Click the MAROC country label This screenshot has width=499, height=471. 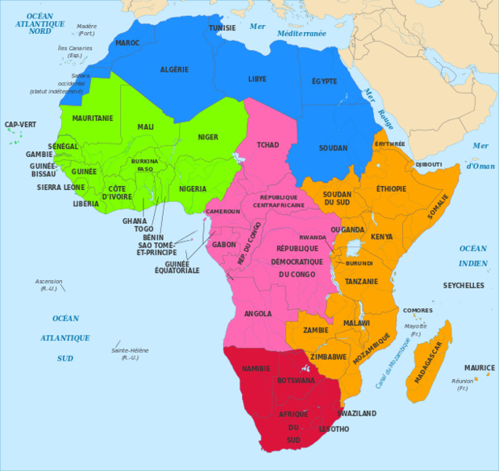point(127,43)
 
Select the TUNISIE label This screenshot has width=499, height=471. point(222,28)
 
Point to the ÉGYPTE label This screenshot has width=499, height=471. point(324,82)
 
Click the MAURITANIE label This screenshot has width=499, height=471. point(92,118)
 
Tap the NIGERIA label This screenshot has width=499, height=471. point(193,189)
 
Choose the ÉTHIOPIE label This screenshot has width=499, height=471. point(392,188)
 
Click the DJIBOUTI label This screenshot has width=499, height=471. point(428,164)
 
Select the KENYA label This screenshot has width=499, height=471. point(381,237)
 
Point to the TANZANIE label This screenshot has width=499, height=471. point(361,282)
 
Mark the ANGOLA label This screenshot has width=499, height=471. point(257,313)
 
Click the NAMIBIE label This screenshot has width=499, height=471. point(256,368)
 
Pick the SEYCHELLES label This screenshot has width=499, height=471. point(464,285)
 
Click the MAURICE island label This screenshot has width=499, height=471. point(480,367)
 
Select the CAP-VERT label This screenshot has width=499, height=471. point(20,125)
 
